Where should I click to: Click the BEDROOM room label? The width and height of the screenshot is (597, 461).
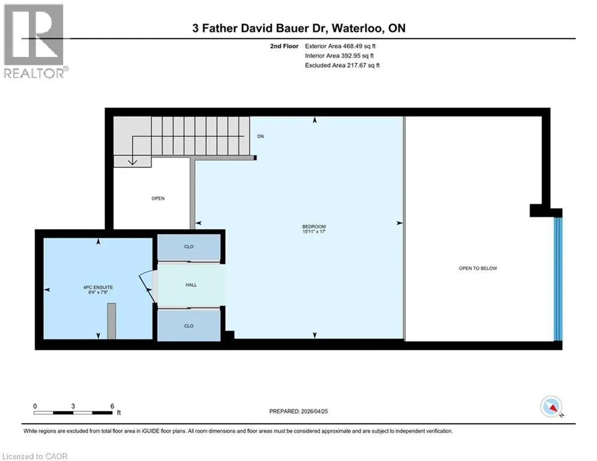click(314, 227)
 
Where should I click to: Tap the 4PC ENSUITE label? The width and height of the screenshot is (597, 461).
click(98, 288)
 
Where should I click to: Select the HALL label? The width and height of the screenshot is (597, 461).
click(191, 285)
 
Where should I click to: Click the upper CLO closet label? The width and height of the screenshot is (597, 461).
click(189, 247)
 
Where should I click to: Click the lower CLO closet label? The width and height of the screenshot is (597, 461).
click(189, 326)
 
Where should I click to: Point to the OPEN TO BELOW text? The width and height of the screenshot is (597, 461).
click(478, 268)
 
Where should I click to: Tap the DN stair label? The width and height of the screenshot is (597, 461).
click(260, 136)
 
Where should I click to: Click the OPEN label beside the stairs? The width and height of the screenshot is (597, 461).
click(158, 199)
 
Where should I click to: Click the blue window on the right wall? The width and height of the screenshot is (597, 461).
click(558, 279)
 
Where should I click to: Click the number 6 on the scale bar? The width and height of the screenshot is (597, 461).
click(112, 406)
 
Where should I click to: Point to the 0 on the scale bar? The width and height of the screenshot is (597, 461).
click(35, 406)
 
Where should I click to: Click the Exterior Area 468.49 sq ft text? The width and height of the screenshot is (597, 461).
click(340, 46)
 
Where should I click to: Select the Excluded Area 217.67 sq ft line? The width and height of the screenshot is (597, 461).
click(342, 65)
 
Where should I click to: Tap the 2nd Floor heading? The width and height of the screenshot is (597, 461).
click(284, 46)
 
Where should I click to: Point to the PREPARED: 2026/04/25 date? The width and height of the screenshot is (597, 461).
click(299, 411)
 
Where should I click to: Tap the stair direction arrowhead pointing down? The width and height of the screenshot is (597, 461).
click(132, 162)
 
